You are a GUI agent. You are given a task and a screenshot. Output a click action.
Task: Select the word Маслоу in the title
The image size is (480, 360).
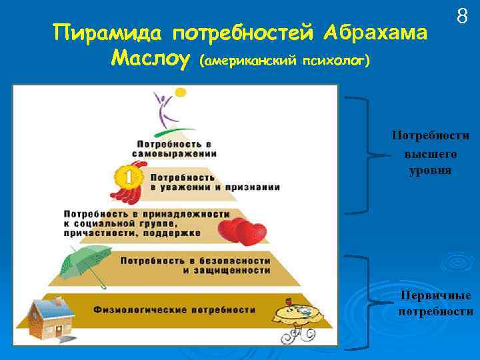pyautogui.click(x=151, y=59)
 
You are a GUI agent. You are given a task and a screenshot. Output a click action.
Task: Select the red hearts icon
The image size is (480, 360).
pyautogui.click(x=243, y=231)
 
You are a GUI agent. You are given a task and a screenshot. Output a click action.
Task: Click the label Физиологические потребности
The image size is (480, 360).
pyautogui.click(x=174, y=309)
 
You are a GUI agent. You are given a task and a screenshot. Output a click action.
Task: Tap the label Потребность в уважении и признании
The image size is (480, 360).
pyautogui.click(x=213, y=183)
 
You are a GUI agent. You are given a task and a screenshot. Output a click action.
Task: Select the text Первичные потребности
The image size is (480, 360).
pyautogui.click(x=435, y=303)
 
